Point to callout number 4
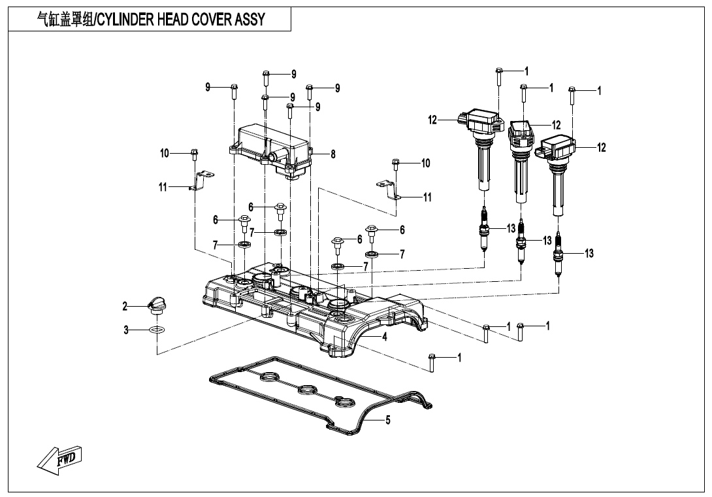(385, 337)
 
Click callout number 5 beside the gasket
(388, 420)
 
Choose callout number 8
(332, 154)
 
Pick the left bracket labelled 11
(201, 181)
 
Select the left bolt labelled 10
(194, 154)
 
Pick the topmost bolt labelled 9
(266, 78)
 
